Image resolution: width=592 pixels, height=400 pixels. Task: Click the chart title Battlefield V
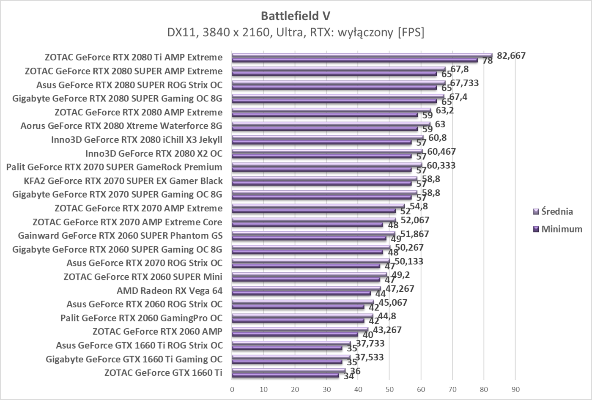pos(296,16)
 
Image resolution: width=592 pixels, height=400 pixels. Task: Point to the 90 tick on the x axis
pos(515,389)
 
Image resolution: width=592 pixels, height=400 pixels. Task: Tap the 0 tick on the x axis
pos(232,389)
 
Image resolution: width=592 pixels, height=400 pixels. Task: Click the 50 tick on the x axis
pos(389,389)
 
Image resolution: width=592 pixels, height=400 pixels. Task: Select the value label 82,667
pos(511,55)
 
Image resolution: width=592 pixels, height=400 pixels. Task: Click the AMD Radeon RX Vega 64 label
pos(169,290)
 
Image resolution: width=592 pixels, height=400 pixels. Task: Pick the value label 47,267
pos(400,289)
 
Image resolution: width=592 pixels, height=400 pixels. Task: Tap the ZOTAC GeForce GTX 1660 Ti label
pos(163,373)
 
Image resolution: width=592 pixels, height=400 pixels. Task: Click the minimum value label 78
pos(488,61)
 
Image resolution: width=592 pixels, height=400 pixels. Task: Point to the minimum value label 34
pos(348,376)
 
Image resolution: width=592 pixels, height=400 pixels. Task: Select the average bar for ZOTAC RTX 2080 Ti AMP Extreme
pos(362,55)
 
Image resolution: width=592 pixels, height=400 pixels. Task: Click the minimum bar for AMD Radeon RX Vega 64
pos(301,293)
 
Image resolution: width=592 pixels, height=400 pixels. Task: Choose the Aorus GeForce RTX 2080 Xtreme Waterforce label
pos(121,126)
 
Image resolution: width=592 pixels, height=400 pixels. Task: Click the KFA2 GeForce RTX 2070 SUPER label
pos(123,181)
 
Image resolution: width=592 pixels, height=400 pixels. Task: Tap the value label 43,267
pos(387,330)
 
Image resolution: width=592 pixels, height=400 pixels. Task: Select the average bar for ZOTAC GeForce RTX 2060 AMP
pos(300,329)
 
